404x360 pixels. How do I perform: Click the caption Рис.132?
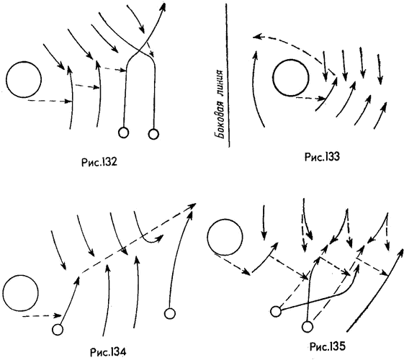pos(99,162)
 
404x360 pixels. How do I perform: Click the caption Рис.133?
pos(322,156)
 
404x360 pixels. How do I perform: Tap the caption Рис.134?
pos(108,352)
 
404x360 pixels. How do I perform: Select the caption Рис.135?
pos(327,346)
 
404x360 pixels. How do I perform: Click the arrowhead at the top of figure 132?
pos(163,6)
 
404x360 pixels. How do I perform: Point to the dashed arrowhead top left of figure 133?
pos(256,37)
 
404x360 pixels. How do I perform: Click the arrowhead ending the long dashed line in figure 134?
pos(192,205)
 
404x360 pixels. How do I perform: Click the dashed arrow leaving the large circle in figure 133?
pos(310,98)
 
